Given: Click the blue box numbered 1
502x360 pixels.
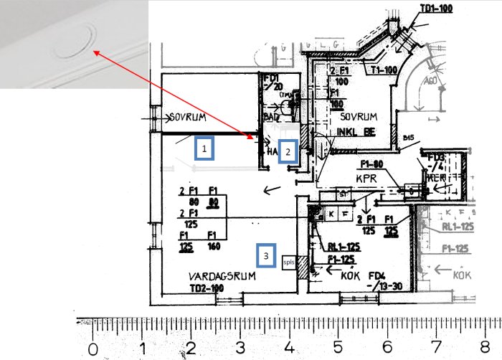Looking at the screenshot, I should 204,148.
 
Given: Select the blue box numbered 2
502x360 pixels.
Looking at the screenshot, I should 288,151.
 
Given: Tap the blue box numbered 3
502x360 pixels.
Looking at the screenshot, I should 266,255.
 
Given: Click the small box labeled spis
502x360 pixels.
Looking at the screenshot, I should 289,262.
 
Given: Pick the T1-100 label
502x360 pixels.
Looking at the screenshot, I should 385,70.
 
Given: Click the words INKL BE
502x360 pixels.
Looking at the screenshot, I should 356,132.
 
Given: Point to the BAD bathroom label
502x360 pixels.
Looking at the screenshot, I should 271,114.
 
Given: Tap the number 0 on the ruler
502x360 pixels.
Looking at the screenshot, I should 93,349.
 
